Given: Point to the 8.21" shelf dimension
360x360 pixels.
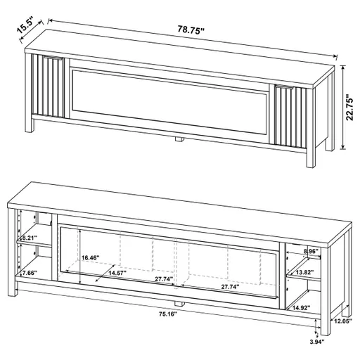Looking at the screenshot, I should pos(28,238).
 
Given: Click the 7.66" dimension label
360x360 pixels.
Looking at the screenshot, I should pos(29,272).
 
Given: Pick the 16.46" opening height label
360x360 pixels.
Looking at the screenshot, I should pos(91,258).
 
